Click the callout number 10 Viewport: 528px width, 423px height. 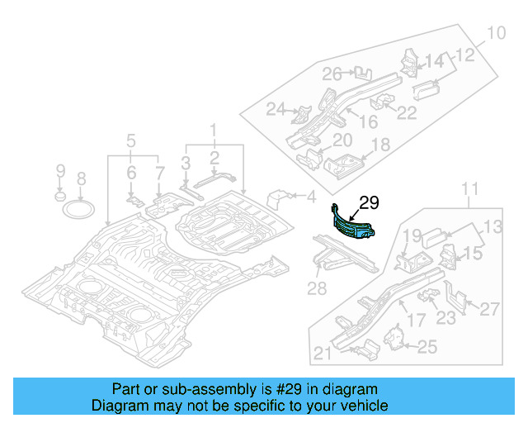click(495, 34)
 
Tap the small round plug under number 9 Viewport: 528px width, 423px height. click(59, 198)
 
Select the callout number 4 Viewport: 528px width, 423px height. click(311, 197)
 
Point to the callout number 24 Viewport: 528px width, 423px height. click(276, 109)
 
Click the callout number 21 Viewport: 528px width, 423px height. click(323, 354)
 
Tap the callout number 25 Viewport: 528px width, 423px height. click(427, 347)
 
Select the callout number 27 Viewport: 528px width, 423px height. click(489, 309)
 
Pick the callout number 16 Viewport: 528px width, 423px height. click(367, 122)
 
